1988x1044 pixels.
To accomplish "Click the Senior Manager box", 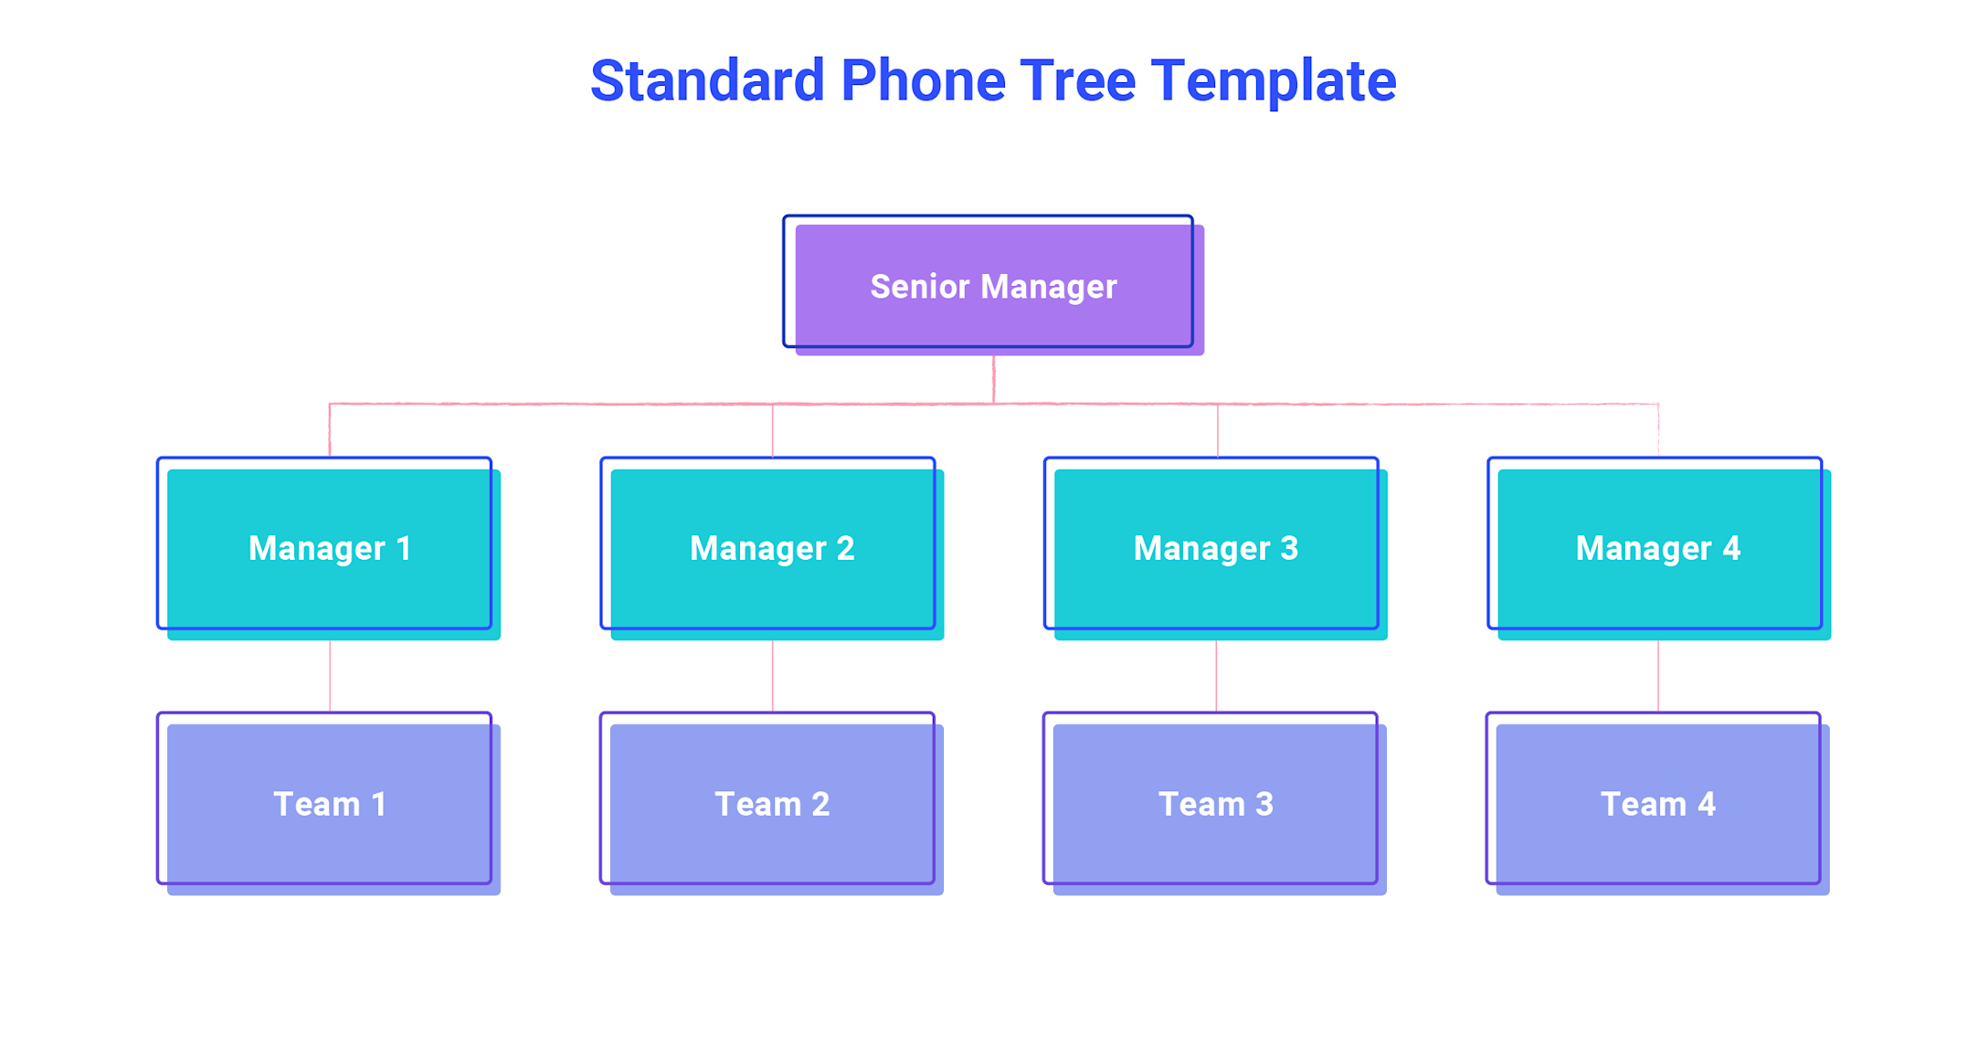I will [x=993, y=286].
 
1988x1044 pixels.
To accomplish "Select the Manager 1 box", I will [x=329, y=548].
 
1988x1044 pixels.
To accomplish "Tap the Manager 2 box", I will [x=772, y=548].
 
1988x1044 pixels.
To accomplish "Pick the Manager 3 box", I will [x=1215, y=548].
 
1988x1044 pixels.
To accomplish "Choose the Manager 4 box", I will [x=1658, y=548].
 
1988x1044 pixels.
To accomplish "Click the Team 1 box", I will [x=329, y=804].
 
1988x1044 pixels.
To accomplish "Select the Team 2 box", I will [x=772, y=804].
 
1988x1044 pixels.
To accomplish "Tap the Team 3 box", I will [x=1215, y=804].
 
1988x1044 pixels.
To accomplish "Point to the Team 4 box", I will [x=1658, y=804].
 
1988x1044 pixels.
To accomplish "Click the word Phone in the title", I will [x=923, y=81].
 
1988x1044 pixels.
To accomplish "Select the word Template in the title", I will [x=1273, y=81].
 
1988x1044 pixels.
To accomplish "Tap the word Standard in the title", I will [x=707, y=81].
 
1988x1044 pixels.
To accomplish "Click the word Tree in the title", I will [x=1077, y=81].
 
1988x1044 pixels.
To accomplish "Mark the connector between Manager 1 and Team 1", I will [x=330, y=676].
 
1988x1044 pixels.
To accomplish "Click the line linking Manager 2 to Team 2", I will [x=773, y=676].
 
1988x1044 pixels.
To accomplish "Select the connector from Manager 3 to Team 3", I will [x=1216, y=676].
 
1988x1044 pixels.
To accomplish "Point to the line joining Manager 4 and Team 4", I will [x=1658, y=676].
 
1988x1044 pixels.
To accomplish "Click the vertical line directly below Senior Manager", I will [x=994, y=379].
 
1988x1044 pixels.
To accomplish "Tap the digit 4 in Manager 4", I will [x=1731, y=548].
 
